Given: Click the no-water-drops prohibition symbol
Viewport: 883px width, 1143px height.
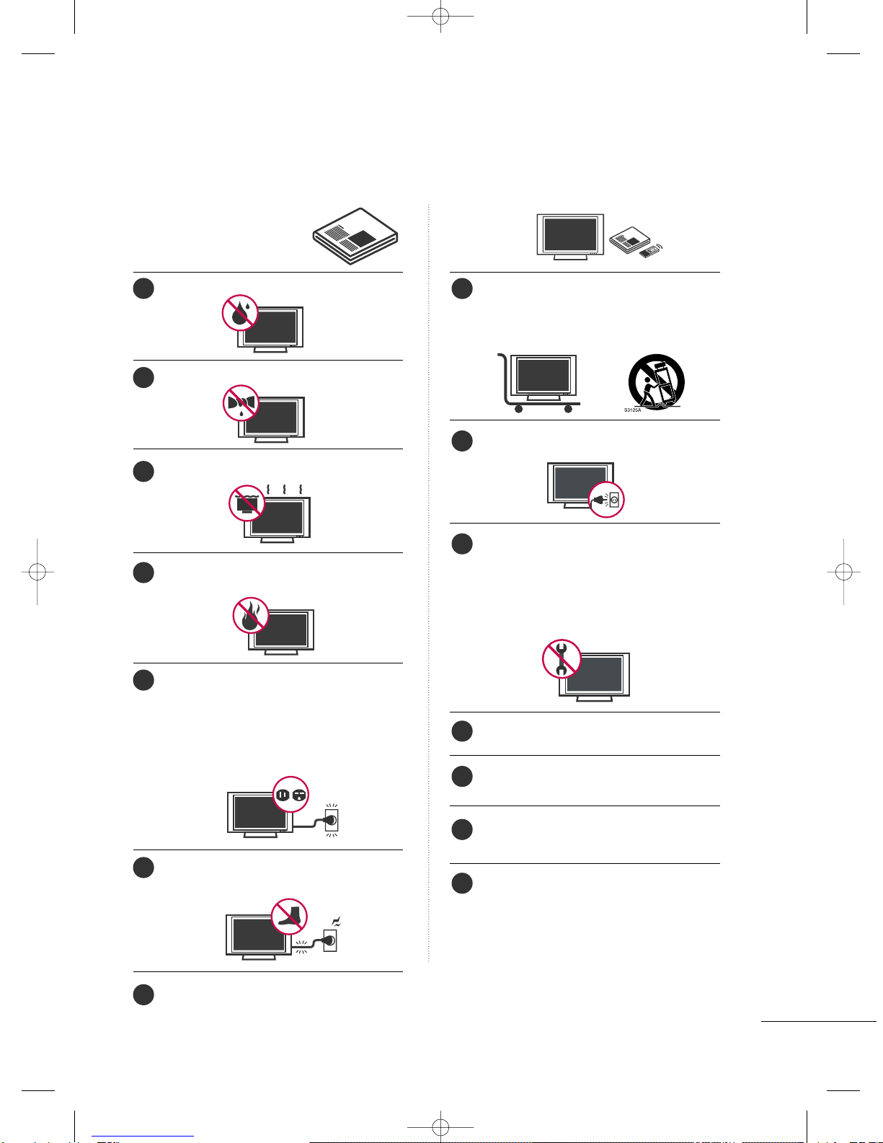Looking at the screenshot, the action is click(239, 313).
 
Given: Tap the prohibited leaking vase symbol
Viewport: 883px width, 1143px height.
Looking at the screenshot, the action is click(241, 403).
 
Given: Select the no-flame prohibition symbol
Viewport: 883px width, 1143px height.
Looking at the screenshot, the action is click(251, 615).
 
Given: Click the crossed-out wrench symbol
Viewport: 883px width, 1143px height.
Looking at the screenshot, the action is click(562, 658).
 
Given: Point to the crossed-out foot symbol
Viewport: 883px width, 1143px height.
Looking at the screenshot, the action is click(289, 917).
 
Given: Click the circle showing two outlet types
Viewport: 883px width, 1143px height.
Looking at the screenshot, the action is click(290, 794).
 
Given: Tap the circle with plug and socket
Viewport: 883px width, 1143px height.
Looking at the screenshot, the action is click(606, 500).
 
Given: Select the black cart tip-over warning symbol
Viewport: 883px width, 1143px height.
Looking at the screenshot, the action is click(657, 382).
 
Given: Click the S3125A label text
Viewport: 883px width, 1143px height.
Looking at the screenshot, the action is click(632, 410).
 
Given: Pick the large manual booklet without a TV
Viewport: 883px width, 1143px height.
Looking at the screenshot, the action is click(355, 237).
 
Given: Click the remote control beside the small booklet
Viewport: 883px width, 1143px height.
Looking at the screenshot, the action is click(650, 251).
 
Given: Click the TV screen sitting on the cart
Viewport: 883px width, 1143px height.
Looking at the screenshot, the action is click(543, 374).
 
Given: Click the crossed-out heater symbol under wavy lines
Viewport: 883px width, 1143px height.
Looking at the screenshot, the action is click(247, 503).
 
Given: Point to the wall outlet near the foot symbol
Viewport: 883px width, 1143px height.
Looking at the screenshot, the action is click(329, 940).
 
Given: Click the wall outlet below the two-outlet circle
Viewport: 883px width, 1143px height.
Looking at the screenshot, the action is click(332, 820).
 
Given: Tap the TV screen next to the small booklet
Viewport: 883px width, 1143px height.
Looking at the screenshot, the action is click(570, 234).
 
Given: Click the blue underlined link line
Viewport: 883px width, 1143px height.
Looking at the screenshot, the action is click(143, 1137).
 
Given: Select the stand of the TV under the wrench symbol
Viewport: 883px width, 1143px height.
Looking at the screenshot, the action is click(595, 699).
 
